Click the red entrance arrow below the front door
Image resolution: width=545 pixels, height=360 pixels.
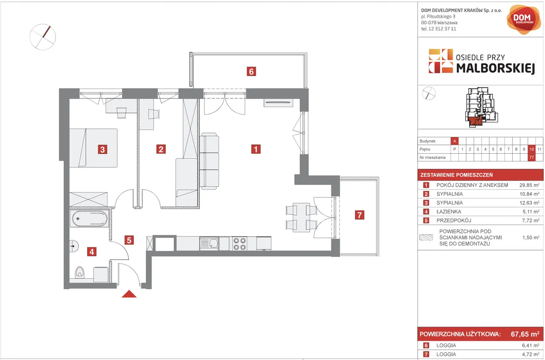tap(129, 294)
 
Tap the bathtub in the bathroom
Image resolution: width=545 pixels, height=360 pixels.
tap(89, 218)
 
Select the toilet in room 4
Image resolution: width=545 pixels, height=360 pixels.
tap(79, 272)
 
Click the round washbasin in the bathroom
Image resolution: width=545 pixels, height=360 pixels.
tap(74, 246)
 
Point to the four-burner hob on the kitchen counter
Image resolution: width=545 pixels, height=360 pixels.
tap(239, 244)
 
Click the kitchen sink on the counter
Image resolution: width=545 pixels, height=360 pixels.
tap(209, 243)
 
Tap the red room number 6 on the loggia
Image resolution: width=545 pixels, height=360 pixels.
tap(251, 72)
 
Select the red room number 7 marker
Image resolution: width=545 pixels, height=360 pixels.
tap(360, 215)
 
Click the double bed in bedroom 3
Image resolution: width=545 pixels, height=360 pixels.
tap(93, 148)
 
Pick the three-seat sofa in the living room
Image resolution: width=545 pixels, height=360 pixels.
tap(209, 161)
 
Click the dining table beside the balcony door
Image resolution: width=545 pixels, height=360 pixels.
tap(301, 217)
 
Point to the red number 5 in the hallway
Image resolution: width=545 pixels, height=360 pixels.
tap(129, 240)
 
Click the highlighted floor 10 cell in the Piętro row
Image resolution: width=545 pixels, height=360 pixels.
tap(532, 149)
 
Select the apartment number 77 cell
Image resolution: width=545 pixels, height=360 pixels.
tap(532, 158)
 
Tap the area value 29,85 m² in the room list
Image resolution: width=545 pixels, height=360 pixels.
tap(529, 185)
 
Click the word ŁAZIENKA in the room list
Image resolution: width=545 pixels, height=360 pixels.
tap(449, 212)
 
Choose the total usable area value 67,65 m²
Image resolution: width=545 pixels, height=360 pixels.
tap(525, 334)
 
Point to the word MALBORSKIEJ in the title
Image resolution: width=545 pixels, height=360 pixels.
tap(495, 68)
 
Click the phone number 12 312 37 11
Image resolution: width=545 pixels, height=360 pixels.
tap(442, 29)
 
